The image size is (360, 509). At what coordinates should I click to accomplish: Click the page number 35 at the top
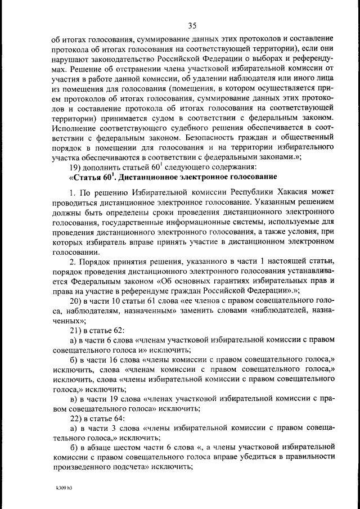point(192,25)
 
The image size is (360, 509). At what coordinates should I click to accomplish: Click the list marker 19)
point(77,167)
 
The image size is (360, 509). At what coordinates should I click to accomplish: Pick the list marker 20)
point(76,301)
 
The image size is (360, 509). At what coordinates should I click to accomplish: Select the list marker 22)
point(76,418)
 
